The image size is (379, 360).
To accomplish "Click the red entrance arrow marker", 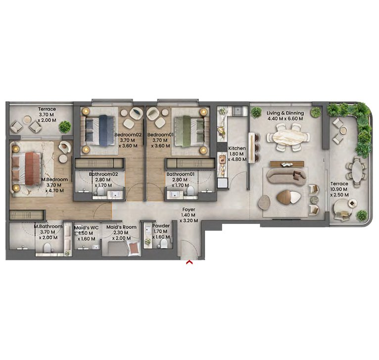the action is (x=189, y=262).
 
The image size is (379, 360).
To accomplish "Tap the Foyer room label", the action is (x=189, y=209).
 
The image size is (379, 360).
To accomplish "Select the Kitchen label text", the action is (x=237, y=148).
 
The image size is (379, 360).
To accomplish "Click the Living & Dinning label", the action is (x=285, y=113).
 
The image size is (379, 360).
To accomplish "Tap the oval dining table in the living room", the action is (x=287, y=138).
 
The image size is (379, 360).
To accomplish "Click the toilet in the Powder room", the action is (x=164, y=244).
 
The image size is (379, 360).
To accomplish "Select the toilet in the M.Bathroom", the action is (x=47, y=248).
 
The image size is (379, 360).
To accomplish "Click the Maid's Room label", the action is (x=121, y=227).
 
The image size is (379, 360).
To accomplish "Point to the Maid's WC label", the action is (x=86, y=228).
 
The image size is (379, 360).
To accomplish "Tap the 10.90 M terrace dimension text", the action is (x=339, y=189).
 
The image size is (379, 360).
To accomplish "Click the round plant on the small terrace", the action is (x=65, y=127).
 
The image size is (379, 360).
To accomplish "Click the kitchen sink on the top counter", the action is (x=238, y=110).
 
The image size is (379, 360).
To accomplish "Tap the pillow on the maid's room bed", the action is (x=134, y=249).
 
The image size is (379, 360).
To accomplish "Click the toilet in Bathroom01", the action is (x=190, y=191).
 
